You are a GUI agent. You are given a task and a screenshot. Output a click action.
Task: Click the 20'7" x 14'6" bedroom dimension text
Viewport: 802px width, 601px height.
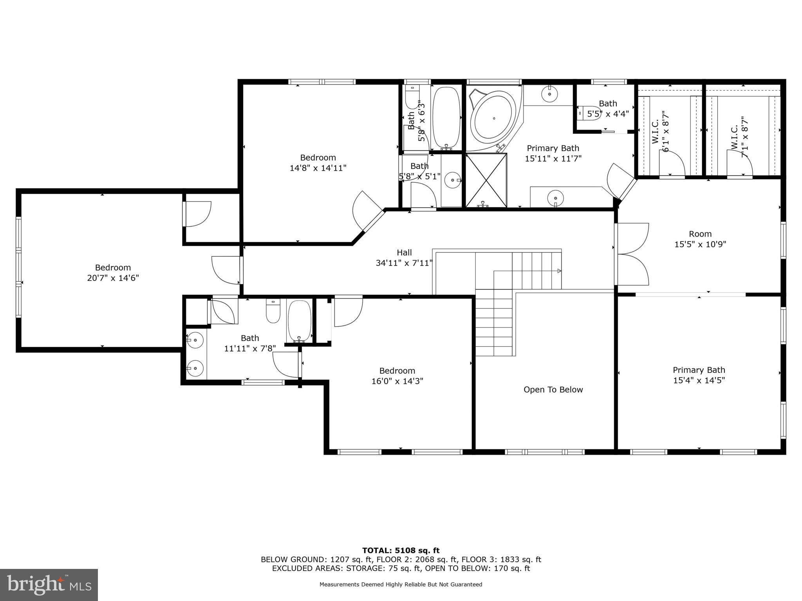113,278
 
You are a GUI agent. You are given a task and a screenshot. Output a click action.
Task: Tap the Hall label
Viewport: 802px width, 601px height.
404,253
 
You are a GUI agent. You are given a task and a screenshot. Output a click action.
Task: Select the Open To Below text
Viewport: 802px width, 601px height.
553,390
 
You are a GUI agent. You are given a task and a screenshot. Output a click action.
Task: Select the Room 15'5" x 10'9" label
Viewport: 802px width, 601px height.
700,239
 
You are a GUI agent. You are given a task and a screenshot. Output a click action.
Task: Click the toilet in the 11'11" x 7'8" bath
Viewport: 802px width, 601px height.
273,311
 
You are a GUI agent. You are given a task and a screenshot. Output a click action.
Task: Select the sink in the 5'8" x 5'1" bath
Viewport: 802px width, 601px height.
452,180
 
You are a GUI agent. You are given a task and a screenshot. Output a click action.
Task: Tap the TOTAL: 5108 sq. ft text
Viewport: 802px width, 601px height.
401,551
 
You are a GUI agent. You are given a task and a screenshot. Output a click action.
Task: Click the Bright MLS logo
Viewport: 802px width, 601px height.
49,585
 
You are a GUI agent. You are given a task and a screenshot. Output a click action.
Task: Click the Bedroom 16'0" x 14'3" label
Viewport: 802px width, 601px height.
397,376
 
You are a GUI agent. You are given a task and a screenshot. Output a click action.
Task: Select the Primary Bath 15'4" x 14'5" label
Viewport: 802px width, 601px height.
699,375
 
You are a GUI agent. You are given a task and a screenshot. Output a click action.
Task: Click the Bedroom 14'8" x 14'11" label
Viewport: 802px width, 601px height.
318,163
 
